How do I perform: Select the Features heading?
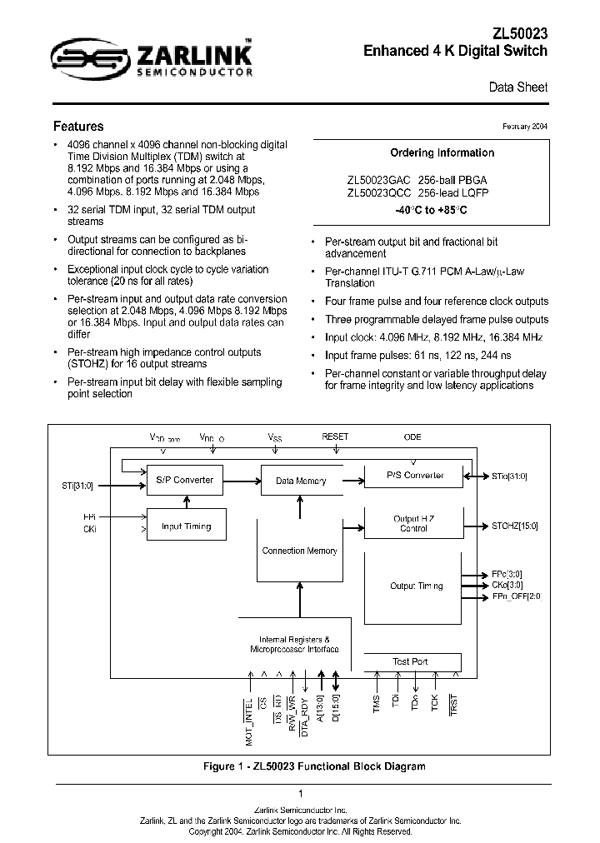pos(78,127)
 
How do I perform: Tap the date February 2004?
pos(525,127)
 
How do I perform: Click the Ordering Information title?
pos(442,152)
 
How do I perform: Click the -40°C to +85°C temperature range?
pos(431,211)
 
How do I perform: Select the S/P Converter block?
pos(184,480)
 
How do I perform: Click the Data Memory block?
pos(300,481)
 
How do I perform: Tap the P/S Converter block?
pos(415,476)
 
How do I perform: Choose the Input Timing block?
pos(186,526)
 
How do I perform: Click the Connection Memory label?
pos(299,551)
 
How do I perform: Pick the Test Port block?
pos(410,661)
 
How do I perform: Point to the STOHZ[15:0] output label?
pos(515,526)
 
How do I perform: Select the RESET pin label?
pos(335,436)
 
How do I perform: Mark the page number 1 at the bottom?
pos(300,794)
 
